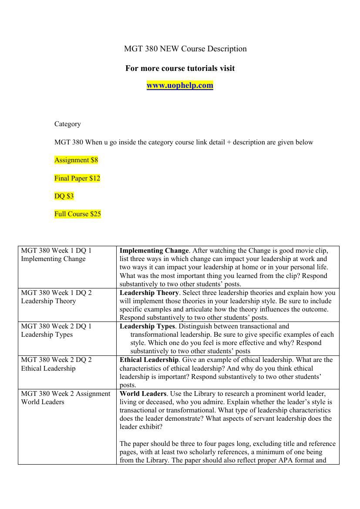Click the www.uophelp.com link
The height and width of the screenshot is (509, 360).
coord(180,85)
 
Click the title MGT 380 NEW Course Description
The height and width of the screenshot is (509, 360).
coord(185,49)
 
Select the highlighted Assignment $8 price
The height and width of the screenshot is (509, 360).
coord(76,160)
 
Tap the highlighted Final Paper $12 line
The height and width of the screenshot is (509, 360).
coord(77,178)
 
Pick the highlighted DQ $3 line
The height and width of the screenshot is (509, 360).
coord(64,196)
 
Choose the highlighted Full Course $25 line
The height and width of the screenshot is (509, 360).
coord(77,214)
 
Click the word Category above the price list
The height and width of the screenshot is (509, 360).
coord(67,124)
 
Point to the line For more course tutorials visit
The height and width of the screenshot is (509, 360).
coord(180,68)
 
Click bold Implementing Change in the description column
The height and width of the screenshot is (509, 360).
coord(154,251)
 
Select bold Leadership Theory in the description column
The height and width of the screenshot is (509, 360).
coord(149,293)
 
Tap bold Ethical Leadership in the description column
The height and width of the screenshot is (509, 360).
coord(149,360)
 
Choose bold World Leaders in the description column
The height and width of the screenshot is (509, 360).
coord(143,394)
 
